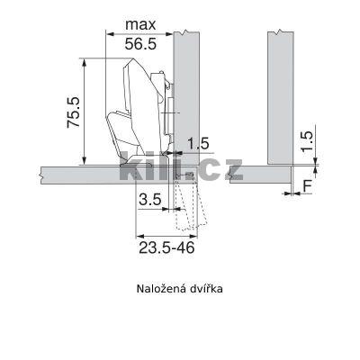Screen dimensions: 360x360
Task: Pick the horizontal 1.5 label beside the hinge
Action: point(198,144)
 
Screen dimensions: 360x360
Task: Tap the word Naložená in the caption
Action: point(160,289)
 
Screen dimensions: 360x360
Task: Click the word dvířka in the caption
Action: point(205,289)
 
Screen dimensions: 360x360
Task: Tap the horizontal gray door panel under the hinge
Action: point(81,173)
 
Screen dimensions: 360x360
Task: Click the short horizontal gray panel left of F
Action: point(261,173)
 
